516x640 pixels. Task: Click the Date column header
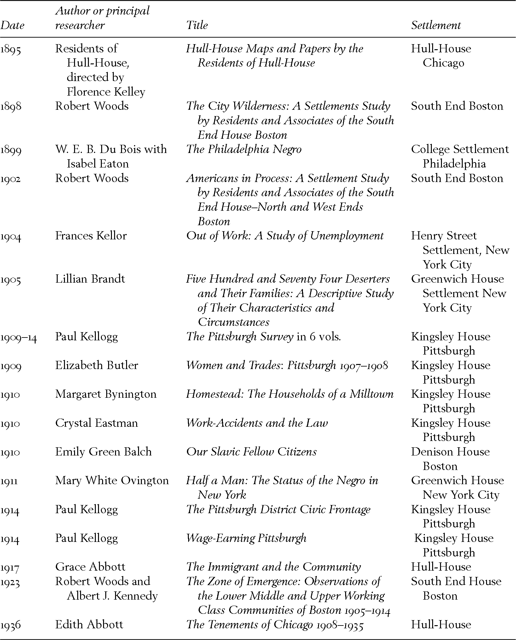pyautogui.click(x=12, y=25)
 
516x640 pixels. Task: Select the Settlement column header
pyautogui.click(x=436, y=25)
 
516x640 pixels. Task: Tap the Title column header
pyautogui.click(x=197, y=25)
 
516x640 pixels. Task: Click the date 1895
pyautogui.click(x=11, y=49)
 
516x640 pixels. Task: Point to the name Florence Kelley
pyautogui.click(x=106, y=92)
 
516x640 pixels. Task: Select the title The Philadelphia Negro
pyautogui.click(x=244, y=149)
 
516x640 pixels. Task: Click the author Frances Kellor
pyautogui.click(x=91, y=236)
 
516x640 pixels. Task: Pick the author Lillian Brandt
pyautogui.click(x=90, y=279)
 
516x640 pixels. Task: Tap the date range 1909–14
pyautogui.click(x=19, y=337)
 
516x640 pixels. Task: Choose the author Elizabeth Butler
pyautogui.click(x=96, y=365)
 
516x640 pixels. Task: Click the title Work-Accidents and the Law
pyautogui.click(x=257, y=423)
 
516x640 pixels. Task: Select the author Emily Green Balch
pyautogui.click(x=103, y=452)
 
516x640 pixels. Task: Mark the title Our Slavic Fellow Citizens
pyautogui.click(x=251, y=452)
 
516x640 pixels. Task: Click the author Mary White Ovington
pyautogui.click(x=112, y=480)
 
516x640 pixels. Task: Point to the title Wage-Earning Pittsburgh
pyautogui.click(x=246, y=538)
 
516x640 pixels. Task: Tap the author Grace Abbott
pyautogui.click(x=90, y=567)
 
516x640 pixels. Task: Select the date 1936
pyautogui.click(x=11, y=625)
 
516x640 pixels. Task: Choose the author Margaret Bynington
pyautogui.click(x=106, y=394)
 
